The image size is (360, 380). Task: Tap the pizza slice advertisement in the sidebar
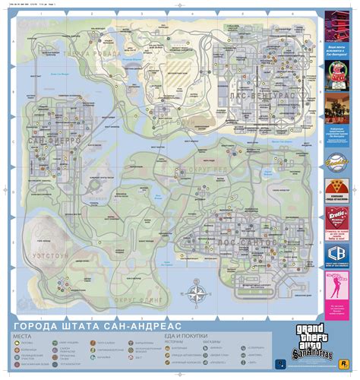(338, 188)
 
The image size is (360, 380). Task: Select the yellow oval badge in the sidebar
(338, 161)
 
